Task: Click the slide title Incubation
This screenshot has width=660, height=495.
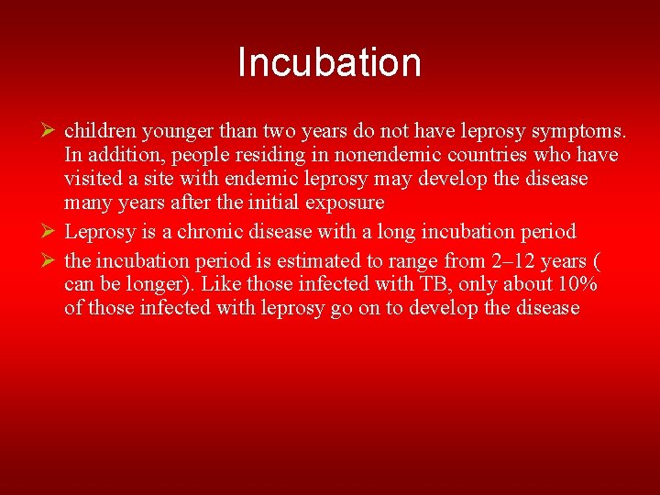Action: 329,62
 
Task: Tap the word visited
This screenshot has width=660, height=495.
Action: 93,179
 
